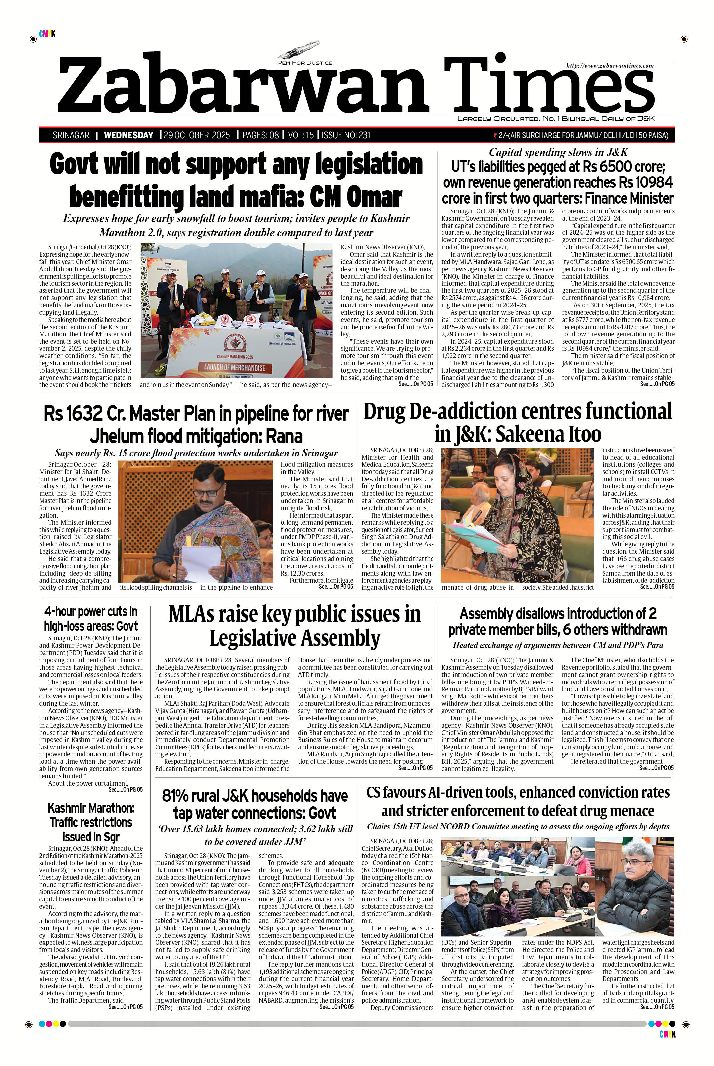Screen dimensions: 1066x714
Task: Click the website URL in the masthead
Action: [610, 66]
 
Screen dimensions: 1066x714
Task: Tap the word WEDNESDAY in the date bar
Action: [128, 135]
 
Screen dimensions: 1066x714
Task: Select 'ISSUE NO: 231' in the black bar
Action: [346, 135]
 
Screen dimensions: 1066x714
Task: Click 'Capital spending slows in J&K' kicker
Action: [558, 152]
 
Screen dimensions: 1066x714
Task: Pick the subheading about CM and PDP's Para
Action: [557, 645]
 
